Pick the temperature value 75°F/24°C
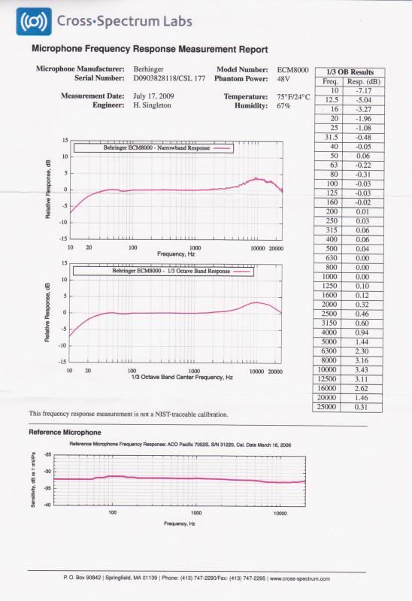click(x=294, y=97)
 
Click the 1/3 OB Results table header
click(x=346, y=72)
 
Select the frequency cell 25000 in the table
click(x=329, y=407)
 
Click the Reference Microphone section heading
click(x=65, y=433)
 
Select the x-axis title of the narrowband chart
click(x=176, y=253)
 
